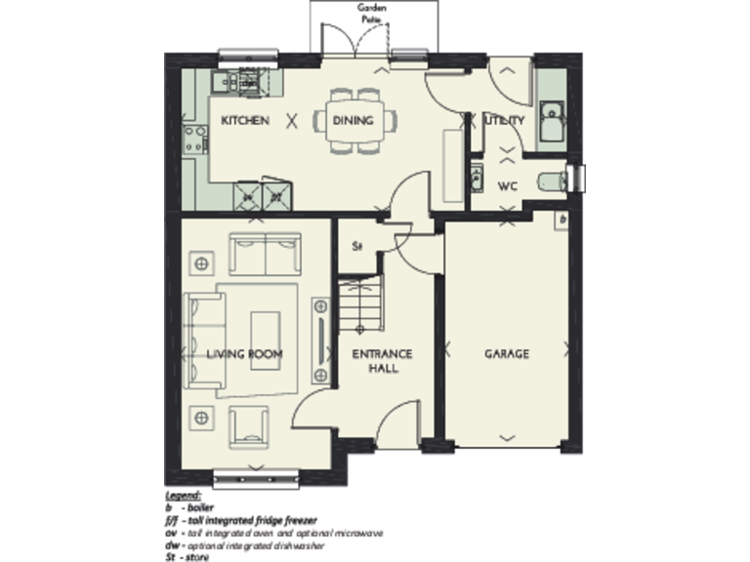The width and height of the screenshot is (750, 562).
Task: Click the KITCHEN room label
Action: click(x=244, y=121)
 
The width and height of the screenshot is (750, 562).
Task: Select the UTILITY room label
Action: click(x=505, y=121)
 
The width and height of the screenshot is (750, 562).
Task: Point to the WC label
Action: click(x=508, y=185)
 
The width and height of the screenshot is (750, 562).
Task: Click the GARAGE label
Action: click(x=507, y=353)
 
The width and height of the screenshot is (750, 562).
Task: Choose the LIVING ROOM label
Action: click(x=244, y=353)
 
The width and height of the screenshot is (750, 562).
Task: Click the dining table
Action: click(x=355, y=122)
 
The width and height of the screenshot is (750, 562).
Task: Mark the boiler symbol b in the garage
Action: click(x=563, y=222)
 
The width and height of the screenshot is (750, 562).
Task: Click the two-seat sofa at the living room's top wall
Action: click(x=266, y=253)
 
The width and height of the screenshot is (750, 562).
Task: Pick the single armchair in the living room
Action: click(x=250, y=426)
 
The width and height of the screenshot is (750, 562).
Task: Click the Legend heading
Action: click(x=184, y=496)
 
